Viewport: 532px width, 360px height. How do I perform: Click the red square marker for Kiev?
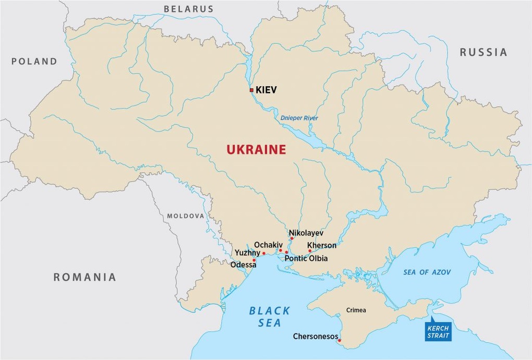pos(251,90)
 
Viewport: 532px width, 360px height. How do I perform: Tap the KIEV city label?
pos(266,90)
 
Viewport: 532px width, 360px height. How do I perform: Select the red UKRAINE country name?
pos(256,150)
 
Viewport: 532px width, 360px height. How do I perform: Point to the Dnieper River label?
pos(299,118)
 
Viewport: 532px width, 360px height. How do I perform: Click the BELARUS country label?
pos(189,9)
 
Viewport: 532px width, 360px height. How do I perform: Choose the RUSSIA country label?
pos(483,52)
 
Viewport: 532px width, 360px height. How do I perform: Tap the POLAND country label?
pos(34,62)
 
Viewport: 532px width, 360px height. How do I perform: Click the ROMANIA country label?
pos(84,277)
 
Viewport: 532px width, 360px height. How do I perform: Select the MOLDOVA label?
pos(186,216)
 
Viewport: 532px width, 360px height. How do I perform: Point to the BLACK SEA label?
pos(269,317)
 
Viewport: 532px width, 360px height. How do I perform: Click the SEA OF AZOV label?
pos(427,272)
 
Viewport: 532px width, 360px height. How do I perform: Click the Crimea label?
pos(356,310)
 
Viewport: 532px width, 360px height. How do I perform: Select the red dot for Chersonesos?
pos(340,341)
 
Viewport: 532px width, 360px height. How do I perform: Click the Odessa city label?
pos(244,265)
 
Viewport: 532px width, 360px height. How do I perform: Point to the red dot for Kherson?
pos(310,251)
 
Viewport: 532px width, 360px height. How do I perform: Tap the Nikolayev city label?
pos(306,233)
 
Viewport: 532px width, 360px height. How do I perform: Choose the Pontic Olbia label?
pos(306,258)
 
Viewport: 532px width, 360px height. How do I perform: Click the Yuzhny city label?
pos(247,253)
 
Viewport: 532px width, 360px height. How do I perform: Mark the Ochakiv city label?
pos(268,245)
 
